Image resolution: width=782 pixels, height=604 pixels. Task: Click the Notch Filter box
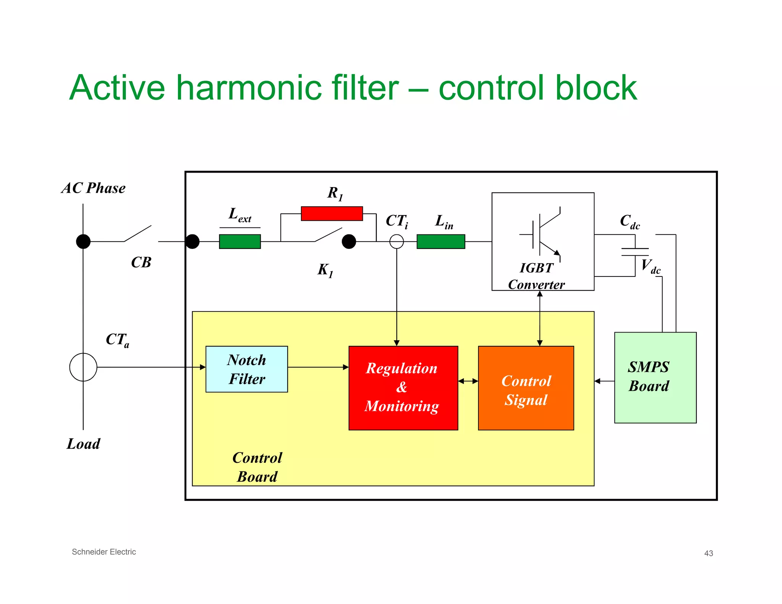click(247, 369)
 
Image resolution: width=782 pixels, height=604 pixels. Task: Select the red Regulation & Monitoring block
click(403, 388)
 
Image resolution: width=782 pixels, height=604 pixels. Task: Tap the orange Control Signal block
click(526, 388)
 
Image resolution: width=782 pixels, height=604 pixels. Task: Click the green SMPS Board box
click(655, 377)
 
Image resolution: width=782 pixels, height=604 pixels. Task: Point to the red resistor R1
click(331, 213)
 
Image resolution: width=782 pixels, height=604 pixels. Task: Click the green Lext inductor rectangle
click(240, 241)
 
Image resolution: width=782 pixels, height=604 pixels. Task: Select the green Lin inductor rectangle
click(441, 241)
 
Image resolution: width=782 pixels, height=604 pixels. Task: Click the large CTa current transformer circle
click(83, 367)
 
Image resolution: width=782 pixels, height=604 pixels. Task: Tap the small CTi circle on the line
click(396, 241)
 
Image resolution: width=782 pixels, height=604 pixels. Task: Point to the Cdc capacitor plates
click(635, 252)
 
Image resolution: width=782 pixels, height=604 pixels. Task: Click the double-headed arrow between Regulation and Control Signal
click(468, 381)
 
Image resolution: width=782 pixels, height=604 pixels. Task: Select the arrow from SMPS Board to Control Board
click(604, 381)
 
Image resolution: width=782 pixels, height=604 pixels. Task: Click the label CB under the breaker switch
click(141, 262)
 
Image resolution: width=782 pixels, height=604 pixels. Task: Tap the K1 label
click(325, 270)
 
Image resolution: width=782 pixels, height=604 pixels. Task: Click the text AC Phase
click(94, 188)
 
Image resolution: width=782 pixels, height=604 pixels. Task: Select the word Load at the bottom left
click(83, 444)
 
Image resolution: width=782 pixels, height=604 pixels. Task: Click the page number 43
click(708, 553)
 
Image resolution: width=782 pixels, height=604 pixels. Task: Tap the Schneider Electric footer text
click(104, 552)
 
